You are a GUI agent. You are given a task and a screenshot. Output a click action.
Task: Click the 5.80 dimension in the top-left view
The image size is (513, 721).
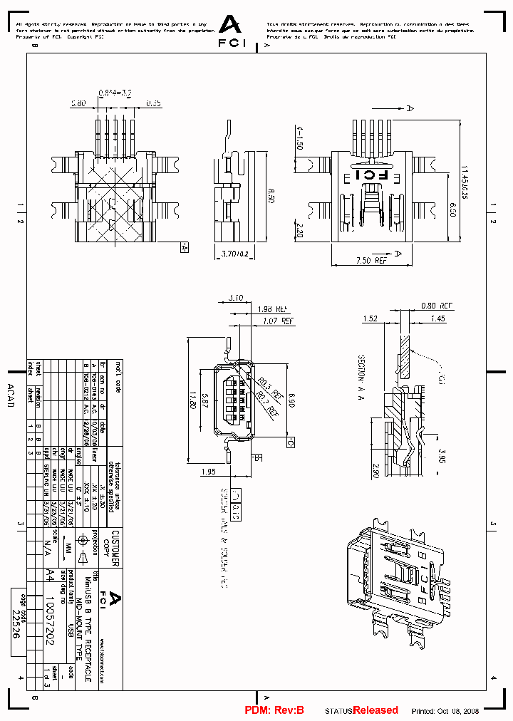click(x=78, y=103)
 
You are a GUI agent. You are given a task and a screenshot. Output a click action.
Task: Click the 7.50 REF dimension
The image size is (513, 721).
click(x=371, y=261)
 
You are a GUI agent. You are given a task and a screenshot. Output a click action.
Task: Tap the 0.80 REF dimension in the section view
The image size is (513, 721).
click(x=436, y=305)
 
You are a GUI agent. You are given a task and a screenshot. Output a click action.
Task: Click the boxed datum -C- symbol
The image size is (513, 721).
click(x=290, y=443)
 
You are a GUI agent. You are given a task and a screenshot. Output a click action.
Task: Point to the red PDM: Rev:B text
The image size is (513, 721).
click(x=274, y=710)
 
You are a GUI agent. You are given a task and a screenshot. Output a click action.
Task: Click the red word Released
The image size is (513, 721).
click(x=375, y=710)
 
